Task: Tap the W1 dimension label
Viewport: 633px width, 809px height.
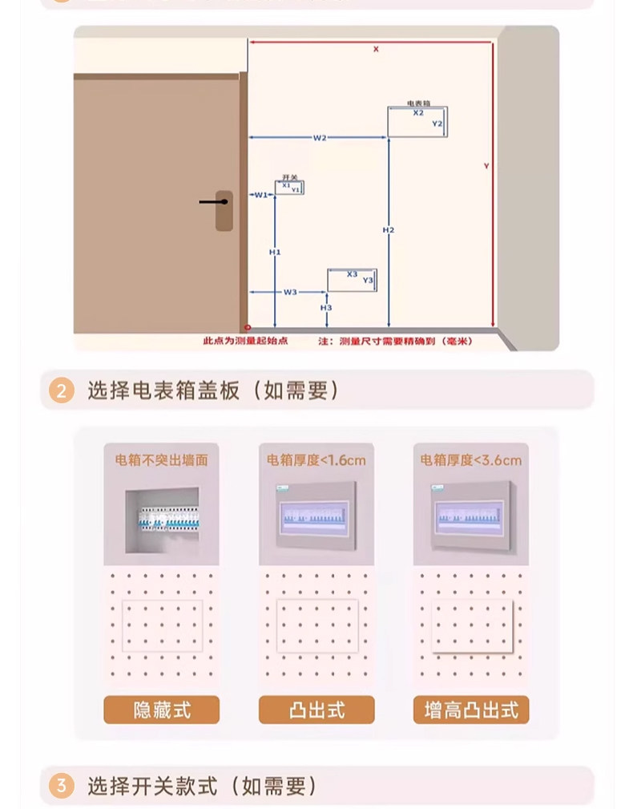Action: click(261, 195)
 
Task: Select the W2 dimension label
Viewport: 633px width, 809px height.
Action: click(320, 138)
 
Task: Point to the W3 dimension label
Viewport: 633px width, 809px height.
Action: click(290, 292)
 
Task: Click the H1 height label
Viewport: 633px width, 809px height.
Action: click(275, 252)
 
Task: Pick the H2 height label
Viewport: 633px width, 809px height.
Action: click(389, 231)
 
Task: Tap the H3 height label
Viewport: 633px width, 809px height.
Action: click(326, 308)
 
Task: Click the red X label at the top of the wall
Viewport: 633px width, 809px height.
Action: click(375, 50)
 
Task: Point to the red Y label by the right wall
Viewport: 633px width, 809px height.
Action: click(486, 166)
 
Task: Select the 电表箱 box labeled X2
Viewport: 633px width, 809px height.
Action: click(417, 120)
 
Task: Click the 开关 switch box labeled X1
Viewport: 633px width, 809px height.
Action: click(290, 188)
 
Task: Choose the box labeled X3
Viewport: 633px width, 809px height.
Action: click(352, 279)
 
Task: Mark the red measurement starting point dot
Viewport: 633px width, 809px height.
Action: click(248, 328)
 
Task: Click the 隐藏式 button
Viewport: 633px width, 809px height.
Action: click(161, 710)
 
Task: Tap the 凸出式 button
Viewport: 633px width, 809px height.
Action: click(316, 710)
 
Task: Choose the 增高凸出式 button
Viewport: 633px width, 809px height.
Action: click(471, 710)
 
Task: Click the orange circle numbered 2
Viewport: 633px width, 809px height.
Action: click(62, 391)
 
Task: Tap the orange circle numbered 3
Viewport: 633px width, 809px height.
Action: click(62, 786)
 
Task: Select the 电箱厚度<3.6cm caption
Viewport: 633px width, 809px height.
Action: click(471, 460)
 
